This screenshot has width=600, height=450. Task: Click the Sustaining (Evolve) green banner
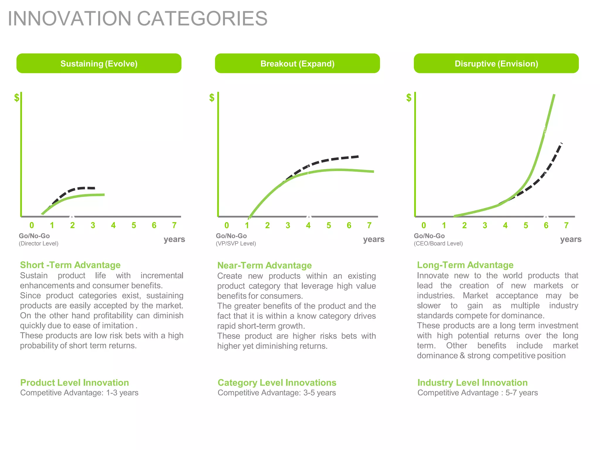click(x=99, y=63)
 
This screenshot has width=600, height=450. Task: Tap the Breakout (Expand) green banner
click(x=297, y=63)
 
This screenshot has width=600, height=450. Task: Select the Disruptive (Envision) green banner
click(x=496, y=63)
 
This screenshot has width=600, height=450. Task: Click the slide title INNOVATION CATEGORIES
click(x=137, y=18)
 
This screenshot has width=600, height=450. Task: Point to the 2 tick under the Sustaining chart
click(x=72, y=225)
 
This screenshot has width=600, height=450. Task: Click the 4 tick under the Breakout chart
click(x=308, y=225)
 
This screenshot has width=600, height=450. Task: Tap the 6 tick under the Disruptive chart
click(x=546, y=225)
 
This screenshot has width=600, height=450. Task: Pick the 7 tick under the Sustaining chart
click(x=174, y=225)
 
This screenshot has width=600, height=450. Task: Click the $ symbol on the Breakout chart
click(x=212, y=98)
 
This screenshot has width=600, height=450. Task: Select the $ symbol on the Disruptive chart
click(x=409, y=98)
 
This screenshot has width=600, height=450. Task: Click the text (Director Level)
click(x=38, y=243)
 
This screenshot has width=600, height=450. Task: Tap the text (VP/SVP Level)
click(x=236, y=243)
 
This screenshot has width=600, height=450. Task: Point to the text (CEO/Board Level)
click(x=438, y=243)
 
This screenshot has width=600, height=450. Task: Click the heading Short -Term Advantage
click(x=70, y=265)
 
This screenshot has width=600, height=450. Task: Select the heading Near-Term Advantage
click(x=264, y=265)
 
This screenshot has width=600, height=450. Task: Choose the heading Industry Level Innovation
click(x=472, y=383)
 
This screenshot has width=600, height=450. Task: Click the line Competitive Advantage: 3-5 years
click(x=277, y=393)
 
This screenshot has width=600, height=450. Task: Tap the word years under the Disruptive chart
click(x=571, y=239)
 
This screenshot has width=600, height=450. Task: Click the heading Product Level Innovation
click(x=74, y=383)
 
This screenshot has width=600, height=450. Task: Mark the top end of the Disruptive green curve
click(x=554, y=95)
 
